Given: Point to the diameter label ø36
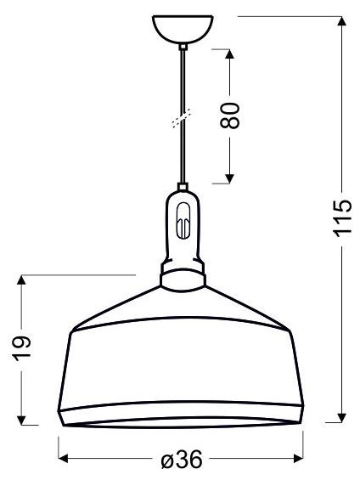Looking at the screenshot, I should pos(181,460).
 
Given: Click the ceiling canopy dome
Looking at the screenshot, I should pos(182,29).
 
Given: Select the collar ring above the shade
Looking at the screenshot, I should pos(182,276).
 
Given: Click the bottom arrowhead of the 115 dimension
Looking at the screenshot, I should pos(341,416).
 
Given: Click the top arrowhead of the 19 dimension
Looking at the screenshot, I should pos(24,281).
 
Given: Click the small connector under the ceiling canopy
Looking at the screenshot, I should pos(182,48).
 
